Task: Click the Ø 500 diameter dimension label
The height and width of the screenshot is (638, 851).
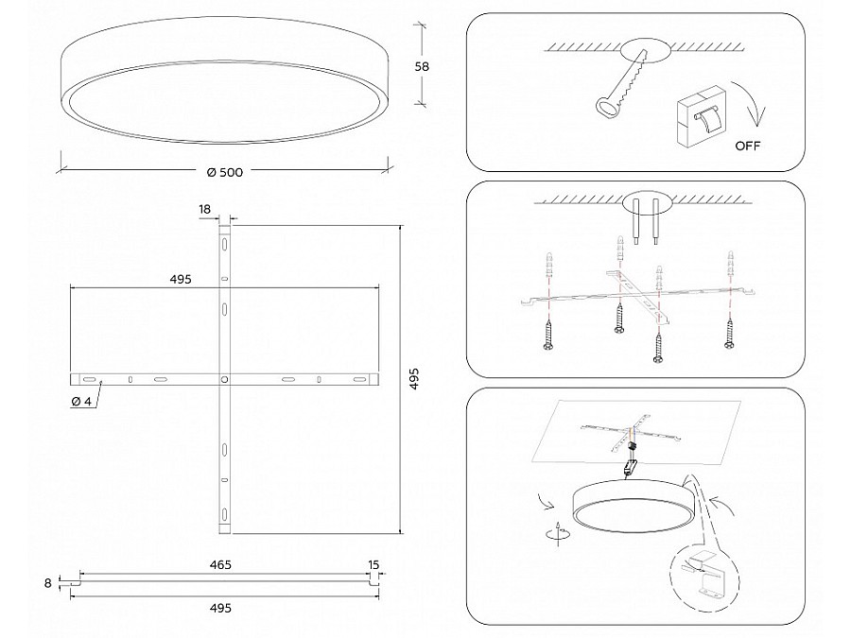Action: click(x=225, y=173)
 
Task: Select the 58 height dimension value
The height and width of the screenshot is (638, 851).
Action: click(x=422, y=67)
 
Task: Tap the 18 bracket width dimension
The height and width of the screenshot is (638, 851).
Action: click(x=204, y=210)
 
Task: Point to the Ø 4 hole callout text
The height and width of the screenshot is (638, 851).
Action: click(x=81, y=402)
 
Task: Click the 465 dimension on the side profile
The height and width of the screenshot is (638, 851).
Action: click(x=220, y=565)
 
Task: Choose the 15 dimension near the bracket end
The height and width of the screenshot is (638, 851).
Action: click(x=373, y=565)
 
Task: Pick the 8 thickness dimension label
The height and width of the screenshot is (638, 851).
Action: click(x=48, y=583)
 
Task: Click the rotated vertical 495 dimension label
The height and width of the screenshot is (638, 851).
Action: click(x=414, y=379)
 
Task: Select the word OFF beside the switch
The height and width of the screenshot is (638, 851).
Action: click(x=747, y=146)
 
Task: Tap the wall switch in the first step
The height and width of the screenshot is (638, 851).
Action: click(x=700, y=115)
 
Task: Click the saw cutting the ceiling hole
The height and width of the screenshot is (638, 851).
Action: click(x=622, y=82)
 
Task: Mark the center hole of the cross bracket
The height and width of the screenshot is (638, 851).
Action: click(x=224, y=379)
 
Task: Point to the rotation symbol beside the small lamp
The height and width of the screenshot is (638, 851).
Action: click(x=558, y=533)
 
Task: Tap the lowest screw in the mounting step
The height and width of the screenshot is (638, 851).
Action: click(x=658, y=348)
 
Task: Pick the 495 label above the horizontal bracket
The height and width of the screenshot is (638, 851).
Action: click(x=181, y=280)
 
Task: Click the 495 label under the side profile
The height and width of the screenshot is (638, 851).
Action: click(x=220, y=608)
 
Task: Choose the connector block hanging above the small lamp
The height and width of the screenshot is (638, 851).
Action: click(x=630, y=467)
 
